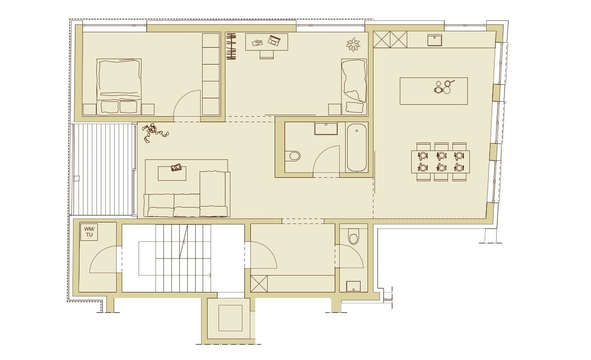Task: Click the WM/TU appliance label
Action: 89,231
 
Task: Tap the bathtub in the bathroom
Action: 356,148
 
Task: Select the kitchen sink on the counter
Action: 435,40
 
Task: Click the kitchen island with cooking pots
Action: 434,91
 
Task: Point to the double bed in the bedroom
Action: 119,86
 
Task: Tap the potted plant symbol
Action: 353,45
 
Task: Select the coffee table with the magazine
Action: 172,173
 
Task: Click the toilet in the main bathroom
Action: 293,156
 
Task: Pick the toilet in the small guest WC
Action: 354,236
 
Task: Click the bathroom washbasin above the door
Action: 326,129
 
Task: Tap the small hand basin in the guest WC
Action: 353,287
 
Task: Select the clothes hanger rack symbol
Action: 231,46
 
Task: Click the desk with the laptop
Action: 267,42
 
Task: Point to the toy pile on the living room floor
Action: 154,132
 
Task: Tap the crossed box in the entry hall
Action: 259,284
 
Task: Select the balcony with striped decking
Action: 103,169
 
